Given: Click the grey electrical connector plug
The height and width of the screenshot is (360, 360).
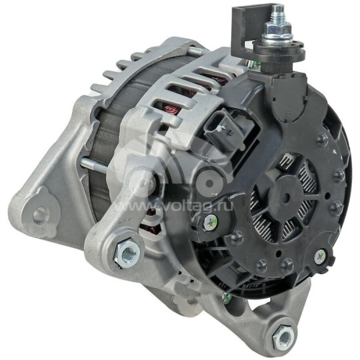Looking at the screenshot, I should click(222, 131).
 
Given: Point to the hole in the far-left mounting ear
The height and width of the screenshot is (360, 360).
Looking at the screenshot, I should click(41, 214).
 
